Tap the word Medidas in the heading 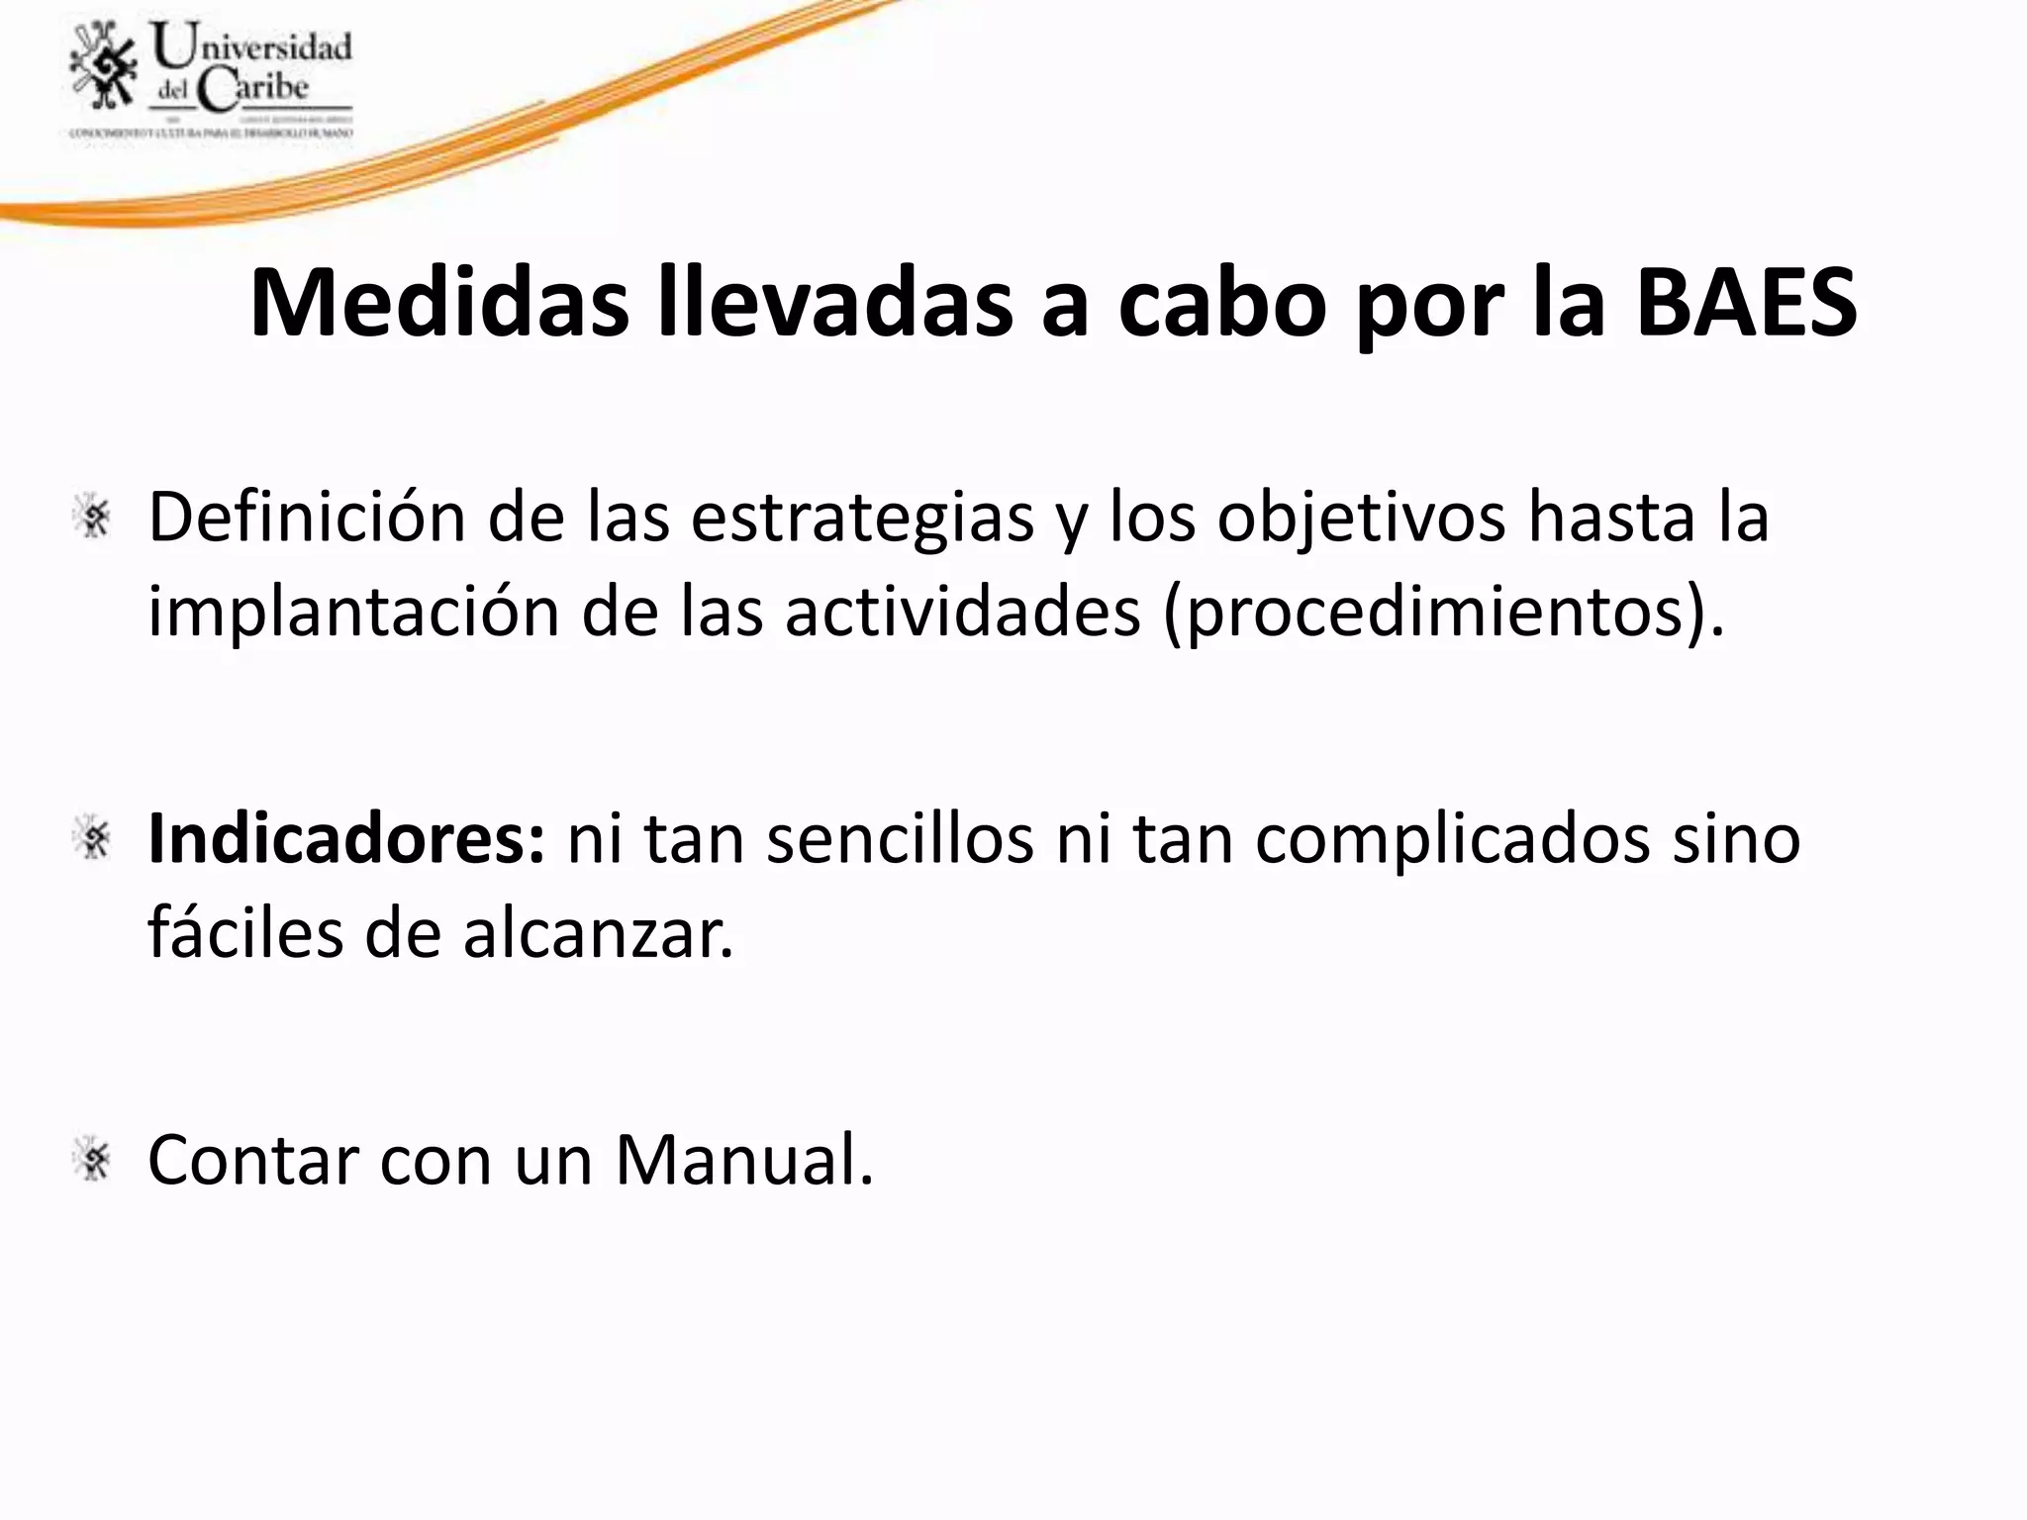click(x=438, y=304)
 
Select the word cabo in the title click(x=1222, y=304)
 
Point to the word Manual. click(x=744, y=1160)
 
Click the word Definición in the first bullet click(x=306, y=518)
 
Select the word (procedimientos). click(x=1443, y=613)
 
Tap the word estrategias click(x=861, y=518)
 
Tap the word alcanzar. click(x=599, y=933)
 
